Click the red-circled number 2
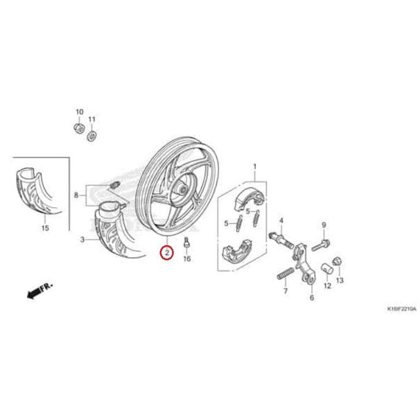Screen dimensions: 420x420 tap(167, 252)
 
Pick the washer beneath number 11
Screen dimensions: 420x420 tap(91, 136)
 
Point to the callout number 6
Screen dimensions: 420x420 tap(311, 298)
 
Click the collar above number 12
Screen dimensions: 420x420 tap(327, 268)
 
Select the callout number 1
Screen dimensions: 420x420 tap(253, 167)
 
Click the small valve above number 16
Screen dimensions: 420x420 tap(187, 243)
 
